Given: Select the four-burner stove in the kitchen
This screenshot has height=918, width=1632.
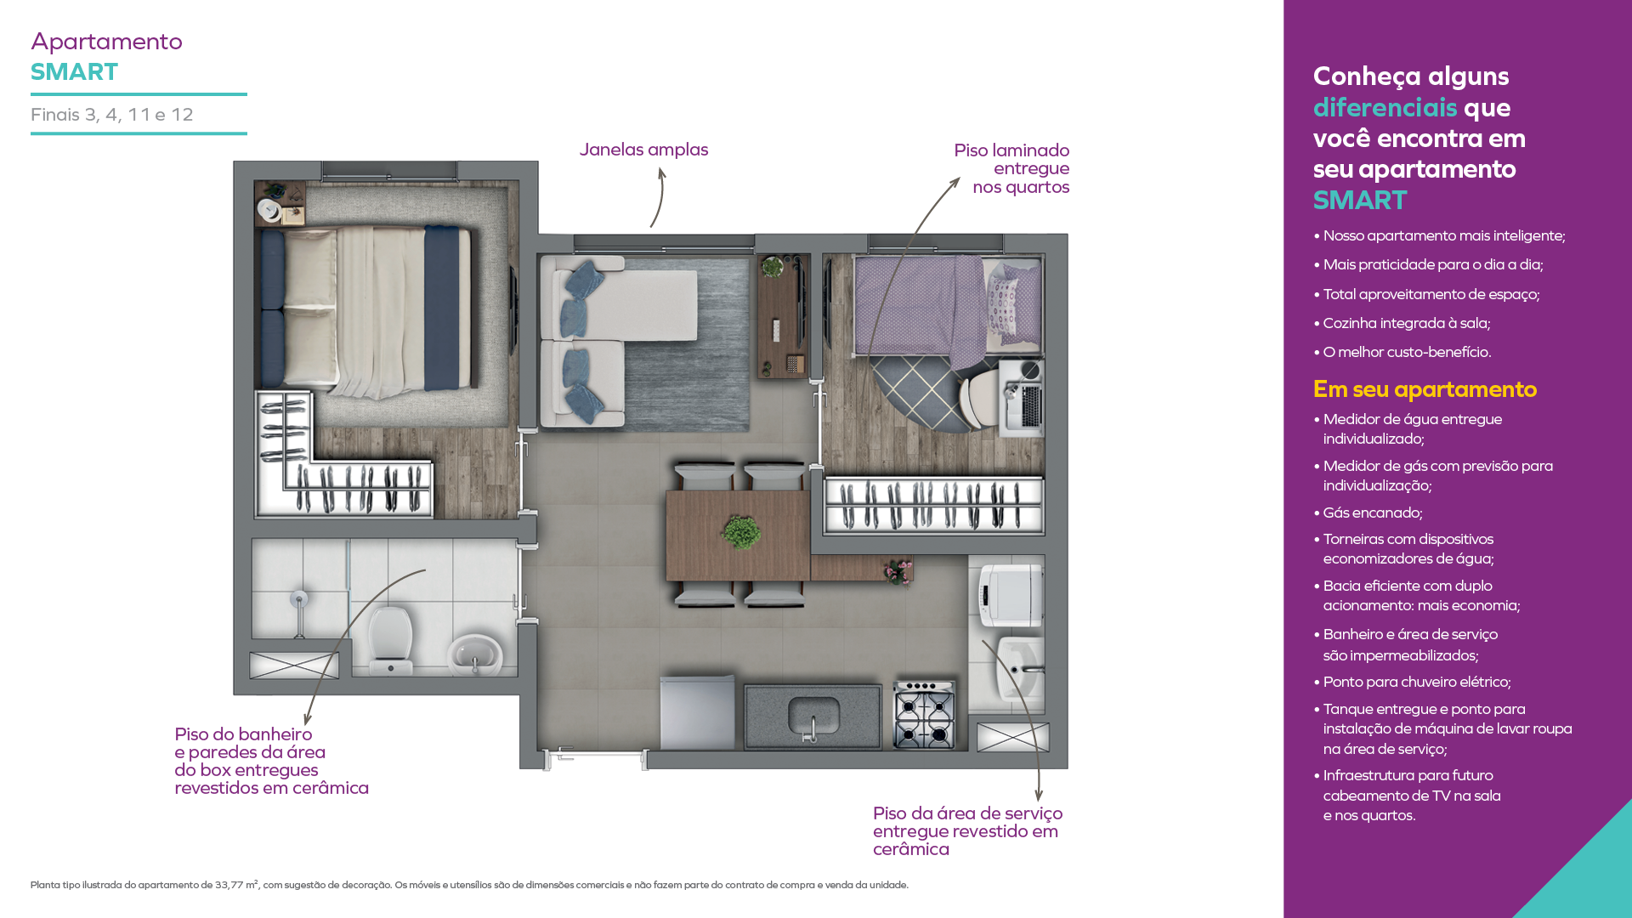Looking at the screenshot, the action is (924, 715).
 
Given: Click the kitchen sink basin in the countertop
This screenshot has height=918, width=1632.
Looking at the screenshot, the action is (813, 717).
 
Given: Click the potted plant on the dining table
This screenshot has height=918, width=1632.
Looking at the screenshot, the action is (741, 532).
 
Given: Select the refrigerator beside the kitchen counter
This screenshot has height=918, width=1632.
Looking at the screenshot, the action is (697, 712).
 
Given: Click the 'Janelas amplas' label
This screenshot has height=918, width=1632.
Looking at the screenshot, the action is (643, 150).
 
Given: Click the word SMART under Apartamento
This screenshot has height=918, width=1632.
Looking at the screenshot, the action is (75, 72).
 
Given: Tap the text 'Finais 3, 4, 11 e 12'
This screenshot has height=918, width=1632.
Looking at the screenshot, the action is (112, 115).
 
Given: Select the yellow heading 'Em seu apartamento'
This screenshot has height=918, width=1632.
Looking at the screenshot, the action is (1425, 389).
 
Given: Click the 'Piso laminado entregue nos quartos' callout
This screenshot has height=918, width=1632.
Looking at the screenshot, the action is (1011, 168).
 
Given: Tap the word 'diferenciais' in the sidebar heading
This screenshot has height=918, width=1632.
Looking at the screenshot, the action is (1385, 108).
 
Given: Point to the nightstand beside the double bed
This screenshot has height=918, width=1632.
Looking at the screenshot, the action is (280, 203).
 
